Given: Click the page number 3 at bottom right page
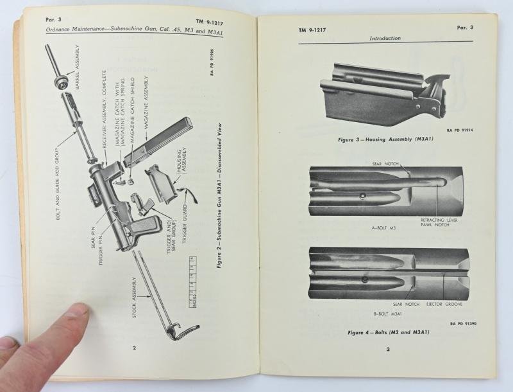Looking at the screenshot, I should [388, 349].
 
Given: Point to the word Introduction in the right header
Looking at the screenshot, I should [385, 39].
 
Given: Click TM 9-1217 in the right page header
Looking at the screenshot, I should [312, 30].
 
